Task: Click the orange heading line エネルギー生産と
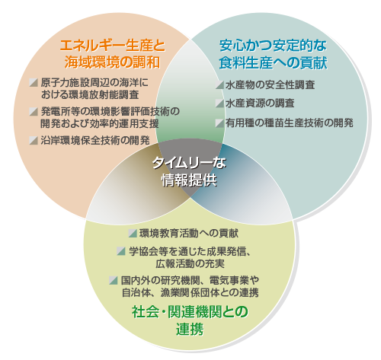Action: coord(113,46)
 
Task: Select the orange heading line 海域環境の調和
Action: coord(112,62)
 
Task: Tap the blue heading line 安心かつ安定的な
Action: coord(273,46)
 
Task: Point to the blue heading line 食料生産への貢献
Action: coord(273,62)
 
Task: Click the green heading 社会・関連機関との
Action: coord(190,312)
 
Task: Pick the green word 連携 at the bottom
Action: coord(190,330)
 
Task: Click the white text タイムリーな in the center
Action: coord(189,163)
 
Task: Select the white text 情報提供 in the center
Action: coord(189,180)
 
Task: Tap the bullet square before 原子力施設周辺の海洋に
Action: coord(34,82)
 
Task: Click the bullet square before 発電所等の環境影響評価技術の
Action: coord(34,111)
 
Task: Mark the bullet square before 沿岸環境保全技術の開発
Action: coord(34,140)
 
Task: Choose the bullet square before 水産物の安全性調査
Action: coord(219,84)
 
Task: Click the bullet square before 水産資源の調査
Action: coord(219,104)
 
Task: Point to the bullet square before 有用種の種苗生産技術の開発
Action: coord(219,123)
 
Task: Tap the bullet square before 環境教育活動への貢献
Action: coord(133,233)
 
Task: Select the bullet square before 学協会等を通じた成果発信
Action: coord(121,251)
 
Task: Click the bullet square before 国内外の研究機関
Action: coord(113,280)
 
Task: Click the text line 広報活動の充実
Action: coord(190,264)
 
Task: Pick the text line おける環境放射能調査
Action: coord(90,94)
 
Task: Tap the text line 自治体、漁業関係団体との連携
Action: coord(190,293)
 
